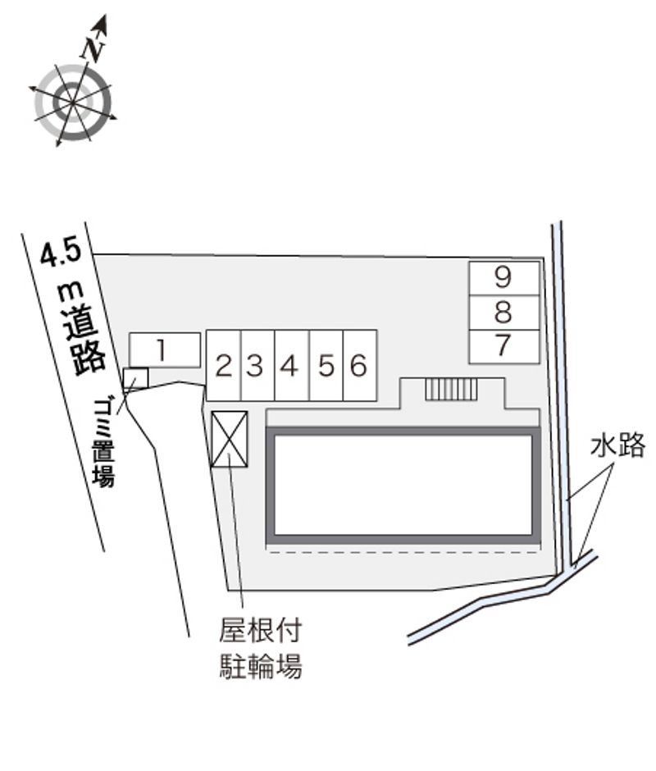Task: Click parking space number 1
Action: (x=165, y=350)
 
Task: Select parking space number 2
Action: (x=224, y=365)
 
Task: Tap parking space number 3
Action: (x=257, y=365)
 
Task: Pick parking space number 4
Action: (x=292, y=365)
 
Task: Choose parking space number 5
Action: (x=326, y=365)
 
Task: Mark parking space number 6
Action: (x=360, y=365)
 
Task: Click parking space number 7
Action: (x=504, y=347)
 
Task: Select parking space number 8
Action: (x=504, y=313)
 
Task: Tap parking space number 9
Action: (x=504, y=279)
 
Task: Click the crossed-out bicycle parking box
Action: (x=229, y=439)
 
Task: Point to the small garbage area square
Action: (x=136, y=379)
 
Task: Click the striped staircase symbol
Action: (x=451, y=390)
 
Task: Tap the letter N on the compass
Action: (x=93, y=48)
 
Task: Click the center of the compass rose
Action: (x=73, y=103)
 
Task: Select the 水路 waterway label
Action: (x=618, y=446)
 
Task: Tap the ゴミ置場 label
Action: (x=104, y=443)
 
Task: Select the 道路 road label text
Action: (x=87, y=341)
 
